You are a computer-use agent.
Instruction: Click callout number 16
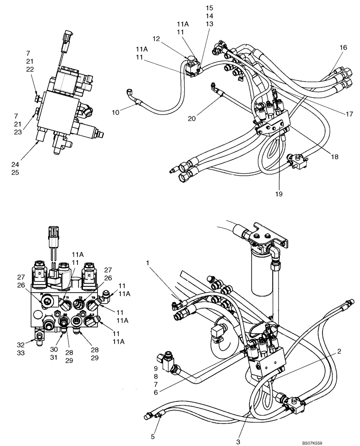[x=343, y=47]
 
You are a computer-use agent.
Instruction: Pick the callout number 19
[x=278, y=194]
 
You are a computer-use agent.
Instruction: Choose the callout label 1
[x=147, y=264]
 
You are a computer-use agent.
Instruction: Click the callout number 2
[x=340, y=352]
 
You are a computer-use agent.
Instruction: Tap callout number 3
[x=239, y=436]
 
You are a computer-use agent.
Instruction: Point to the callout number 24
[x=15, y=164]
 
